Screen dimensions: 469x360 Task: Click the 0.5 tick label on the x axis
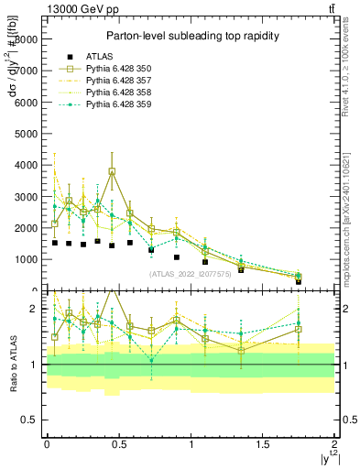(x=118, y=444)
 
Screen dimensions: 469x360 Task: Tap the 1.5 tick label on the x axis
(x=262, y=444)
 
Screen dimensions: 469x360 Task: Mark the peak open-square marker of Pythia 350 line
(x=112, y=171)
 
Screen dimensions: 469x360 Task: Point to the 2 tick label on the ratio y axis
(x=35, y=309)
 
